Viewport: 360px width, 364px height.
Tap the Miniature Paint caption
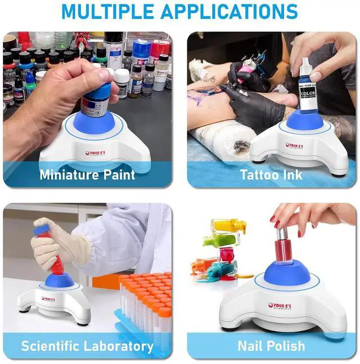click(87, 174)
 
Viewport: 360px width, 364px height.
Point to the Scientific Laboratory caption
click(87, 345)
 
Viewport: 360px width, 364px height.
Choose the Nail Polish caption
click(271, 345)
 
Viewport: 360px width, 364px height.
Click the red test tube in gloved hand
click(55, 251)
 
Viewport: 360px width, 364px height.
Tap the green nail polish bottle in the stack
click(223, 241)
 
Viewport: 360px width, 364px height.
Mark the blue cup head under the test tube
click(58, 280)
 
